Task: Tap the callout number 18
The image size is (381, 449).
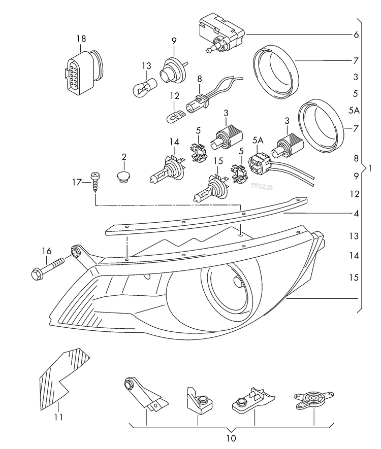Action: pyautogui.click(x=81, y=39)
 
